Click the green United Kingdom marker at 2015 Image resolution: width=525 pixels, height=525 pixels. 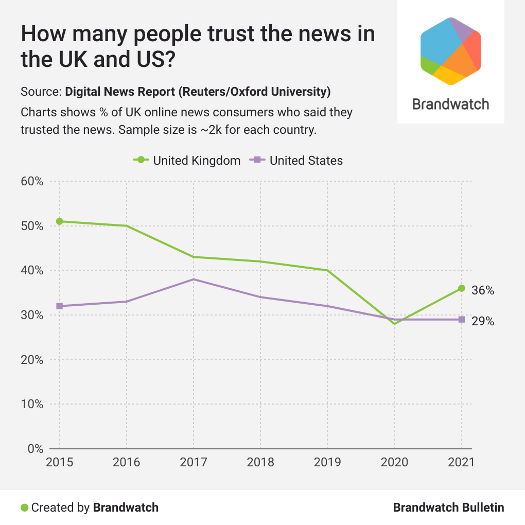[x=60, y=221]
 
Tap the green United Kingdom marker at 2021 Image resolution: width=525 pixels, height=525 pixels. [x=462, y=288]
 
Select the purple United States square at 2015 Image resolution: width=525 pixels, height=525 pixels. [x=60, y=306]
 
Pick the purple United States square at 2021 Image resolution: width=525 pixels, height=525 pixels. [x=462, y=320]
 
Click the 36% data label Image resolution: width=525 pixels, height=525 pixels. [x=483, y=291]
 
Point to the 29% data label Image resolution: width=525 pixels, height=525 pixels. [x=483, y=322]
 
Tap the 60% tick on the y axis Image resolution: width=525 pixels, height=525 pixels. [x=32, y=181]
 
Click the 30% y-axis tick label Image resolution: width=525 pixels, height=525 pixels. [x=32, y=315]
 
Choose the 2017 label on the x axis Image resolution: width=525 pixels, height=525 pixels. [x=194, y=462]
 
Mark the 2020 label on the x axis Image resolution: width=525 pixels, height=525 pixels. [x=394, y=462]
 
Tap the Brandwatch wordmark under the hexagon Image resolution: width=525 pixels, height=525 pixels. [x=451, y=104]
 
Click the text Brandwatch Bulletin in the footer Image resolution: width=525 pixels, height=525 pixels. [x=448, y=507]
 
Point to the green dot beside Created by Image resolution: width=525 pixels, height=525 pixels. [x=24, y=507]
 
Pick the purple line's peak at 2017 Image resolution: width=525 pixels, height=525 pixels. [x=194, y=279]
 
